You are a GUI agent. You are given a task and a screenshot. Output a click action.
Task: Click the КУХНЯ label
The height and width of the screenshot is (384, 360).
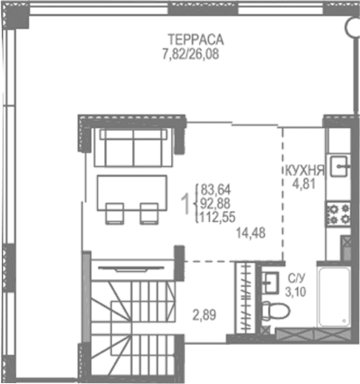tap(304, 171)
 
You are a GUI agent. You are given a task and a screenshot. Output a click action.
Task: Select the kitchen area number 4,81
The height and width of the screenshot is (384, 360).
tap(303, 185)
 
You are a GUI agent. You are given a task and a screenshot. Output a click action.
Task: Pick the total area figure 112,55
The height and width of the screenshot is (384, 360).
tap(218, 219)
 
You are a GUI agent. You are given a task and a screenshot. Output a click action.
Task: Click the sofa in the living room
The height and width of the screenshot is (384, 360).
tap(133, 148)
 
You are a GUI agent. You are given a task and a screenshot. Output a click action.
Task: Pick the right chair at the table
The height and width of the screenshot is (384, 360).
tap(149, 213)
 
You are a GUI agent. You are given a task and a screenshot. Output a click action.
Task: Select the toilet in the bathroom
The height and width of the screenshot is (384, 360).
tap(271, 306)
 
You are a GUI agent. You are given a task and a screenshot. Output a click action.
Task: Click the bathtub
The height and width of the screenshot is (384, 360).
tap(336, 302)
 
